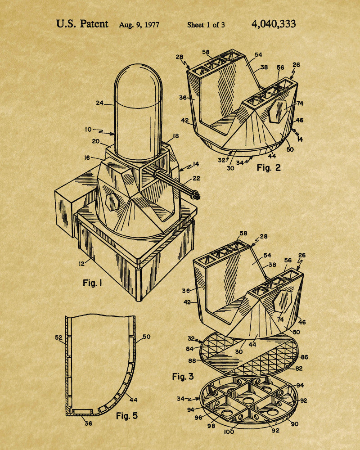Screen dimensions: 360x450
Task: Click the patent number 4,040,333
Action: (x=274, y=24)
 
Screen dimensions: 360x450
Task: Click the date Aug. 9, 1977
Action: (x=139, y=25)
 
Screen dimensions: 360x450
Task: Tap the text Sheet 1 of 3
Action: (x=206, y=25)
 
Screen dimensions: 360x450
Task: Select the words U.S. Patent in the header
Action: (x=82, y=24)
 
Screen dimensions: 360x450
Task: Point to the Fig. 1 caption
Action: (x=92, y=283)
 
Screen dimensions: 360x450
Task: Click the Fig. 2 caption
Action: (x=268, y=167)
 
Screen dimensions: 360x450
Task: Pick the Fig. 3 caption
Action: (x=183, y=376)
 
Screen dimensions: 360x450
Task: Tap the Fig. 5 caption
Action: (x=126, y=415)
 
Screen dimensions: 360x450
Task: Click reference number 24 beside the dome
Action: (x=99, y=103)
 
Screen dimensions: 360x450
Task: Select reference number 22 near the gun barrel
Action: (x=196, y=178)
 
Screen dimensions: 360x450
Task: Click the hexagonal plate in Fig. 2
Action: (x=278, y=111)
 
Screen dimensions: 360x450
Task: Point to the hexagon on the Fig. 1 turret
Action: (x=112, y=202)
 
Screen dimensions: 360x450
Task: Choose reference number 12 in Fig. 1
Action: (x=82, y=263)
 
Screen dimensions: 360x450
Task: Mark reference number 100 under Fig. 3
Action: (x=229, y=432)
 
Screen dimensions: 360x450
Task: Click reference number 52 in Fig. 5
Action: (x=58, y=338)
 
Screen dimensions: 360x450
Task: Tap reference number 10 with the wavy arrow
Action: (x=88, y=130)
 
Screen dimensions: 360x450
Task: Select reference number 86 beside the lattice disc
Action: (x=304, y=357)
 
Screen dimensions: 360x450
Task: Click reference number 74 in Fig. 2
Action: (x=300, y=103)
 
